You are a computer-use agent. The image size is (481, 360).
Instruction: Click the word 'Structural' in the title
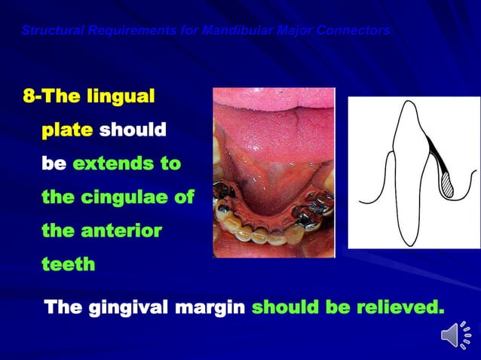tap(44, 31)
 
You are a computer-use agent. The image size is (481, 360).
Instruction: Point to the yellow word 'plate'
tap(67, 130)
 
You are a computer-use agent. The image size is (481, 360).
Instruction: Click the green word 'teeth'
tap(68, 264)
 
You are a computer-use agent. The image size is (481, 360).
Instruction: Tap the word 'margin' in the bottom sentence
tap(213, 308)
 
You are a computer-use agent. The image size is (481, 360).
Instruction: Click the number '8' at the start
tap(28, 97)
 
